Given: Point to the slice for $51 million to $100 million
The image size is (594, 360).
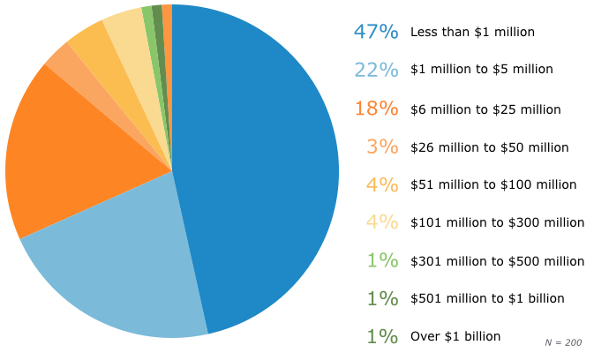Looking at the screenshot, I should [x=94, y=44].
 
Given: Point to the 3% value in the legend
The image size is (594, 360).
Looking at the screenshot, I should [x=383, y=146].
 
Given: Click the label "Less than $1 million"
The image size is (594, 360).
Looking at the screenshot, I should [x=472, y=32].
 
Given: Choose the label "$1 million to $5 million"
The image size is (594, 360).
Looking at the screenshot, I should [x=482, y=70].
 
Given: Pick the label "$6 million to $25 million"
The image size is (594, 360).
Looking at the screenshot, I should [x=485, y=109].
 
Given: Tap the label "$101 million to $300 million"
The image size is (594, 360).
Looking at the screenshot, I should [x=497, y=222].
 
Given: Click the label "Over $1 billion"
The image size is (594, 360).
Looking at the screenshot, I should [x=455, y=336].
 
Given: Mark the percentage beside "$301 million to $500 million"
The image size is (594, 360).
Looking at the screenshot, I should [x=383, y=260].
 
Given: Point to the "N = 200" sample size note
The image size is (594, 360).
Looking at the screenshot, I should [x=564, y=341].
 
